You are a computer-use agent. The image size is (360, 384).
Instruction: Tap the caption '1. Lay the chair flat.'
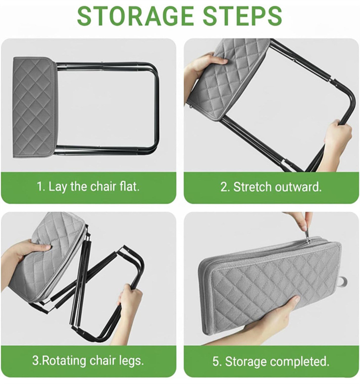(x=88, y=187)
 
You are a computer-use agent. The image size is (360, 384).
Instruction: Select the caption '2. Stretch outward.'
(x=271, y=187)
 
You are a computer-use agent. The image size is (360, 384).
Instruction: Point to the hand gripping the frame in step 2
(x=336, y=139)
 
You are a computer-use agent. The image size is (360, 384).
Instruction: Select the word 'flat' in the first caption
(x=129, y=187)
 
